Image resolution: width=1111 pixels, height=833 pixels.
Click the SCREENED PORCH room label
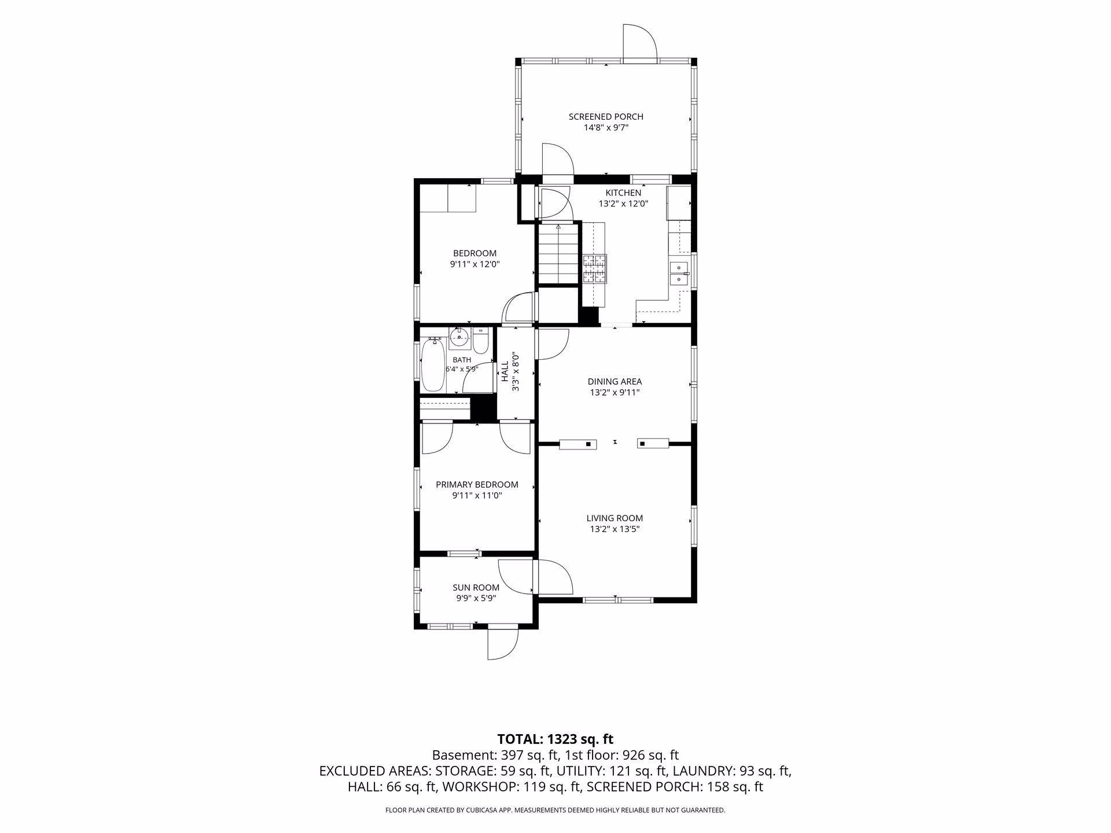[x=606, y=117]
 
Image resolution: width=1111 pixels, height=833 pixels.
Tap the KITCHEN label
[x=623, y=193]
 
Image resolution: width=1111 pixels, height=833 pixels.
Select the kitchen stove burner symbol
[x=595, y=269]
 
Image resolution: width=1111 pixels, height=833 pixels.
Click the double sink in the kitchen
[x=679, y=274]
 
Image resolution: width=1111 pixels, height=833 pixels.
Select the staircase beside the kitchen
[x=558, y=253]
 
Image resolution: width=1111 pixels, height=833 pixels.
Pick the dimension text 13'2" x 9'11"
[x=615, y=392]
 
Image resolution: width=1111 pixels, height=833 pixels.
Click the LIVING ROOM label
[x=615, y=518]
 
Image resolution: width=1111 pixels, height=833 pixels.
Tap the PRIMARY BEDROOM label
[x=477, y=485]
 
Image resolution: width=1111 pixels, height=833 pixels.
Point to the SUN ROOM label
[x=476, y=588]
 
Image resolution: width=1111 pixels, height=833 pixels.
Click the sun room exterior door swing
[x=502, y=644]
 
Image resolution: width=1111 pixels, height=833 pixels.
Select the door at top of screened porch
[x=639, y=42]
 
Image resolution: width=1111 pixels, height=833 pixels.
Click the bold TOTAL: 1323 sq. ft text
[x=555, y=739]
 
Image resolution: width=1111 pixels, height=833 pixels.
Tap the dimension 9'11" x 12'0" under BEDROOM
[x=474, y=264]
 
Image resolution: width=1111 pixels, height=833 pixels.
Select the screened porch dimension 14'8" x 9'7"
[x=606, y=128]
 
